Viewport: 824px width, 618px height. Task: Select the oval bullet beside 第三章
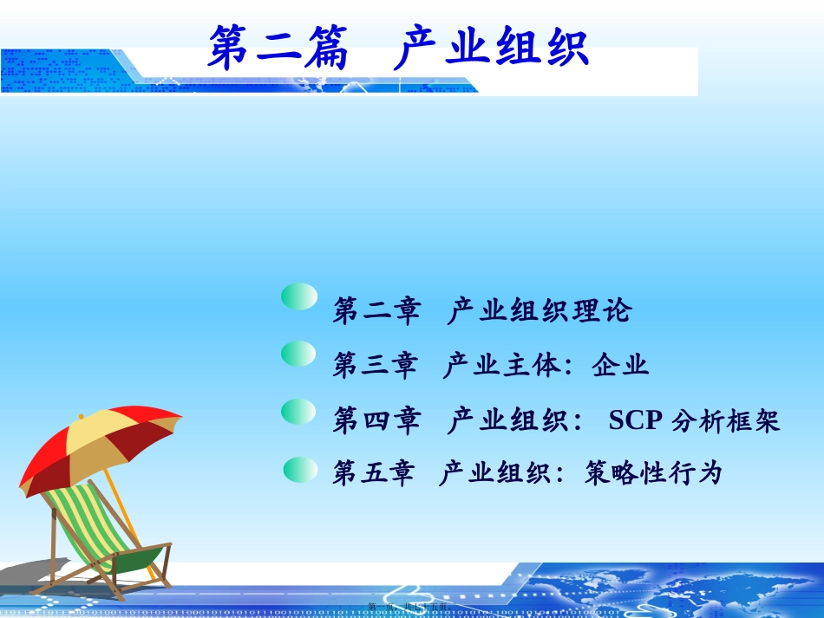[299, 353]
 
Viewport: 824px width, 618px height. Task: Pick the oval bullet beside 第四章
[299, 412]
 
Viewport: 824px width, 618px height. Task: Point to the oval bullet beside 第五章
[303, 469]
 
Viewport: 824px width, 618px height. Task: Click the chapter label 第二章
[376, 311]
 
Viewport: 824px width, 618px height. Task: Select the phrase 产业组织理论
[540, 311]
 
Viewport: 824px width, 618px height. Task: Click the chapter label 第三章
[375, 366]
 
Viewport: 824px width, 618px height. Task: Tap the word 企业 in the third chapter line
[621, 366]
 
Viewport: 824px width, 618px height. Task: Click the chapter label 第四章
[376, 421]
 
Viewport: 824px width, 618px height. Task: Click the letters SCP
[636, 421]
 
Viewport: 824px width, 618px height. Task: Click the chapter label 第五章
[374, 473]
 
